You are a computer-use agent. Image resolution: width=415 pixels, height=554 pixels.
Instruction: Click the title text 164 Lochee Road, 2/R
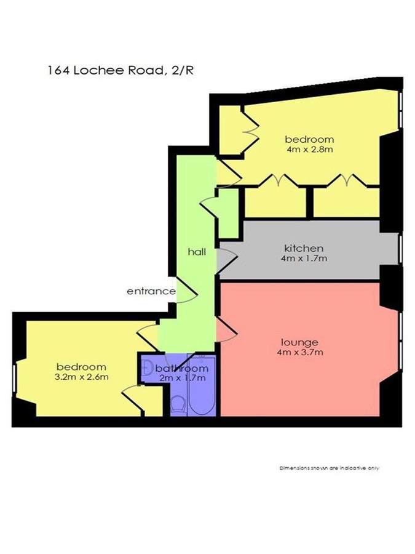tap(121, 71)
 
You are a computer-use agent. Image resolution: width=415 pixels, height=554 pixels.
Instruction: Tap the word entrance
tap(151, 291)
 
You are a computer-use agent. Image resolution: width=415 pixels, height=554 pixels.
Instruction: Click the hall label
tap(197, 252)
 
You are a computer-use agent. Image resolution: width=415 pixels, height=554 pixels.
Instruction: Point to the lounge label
tap(299, 342)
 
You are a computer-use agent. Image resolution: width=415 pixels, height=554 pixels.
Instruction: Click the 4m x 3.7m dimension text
tap(300, 352)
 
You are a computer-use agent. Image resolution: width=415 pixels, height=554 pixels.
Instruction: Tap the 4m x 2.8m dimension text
tap(310, 149)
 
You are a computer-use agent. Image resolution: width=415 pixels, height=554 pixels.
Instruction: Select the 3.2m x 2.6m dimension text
tap(82, 377)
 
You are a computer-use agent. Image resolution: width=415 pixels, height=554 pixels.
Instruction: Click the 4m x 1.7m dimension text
tap(304, 259)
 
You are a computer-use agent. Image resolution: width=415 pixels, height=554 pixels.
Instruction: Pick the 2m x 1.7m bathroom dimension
tap(183, 378)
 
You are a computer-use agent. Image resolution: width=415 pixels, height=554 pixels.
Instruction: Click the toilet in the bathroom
tap(178, 405)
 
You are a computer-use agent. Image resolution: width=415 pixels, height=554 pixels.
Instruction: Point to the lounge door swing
tap(226, 329)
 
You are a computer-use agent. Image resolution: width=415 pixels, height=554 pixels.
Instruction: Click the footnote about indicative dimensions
tap(329, 468)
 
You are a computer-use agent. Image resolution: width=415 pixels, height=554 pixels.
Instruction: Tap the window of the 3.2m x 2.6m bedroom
tap(15, 379)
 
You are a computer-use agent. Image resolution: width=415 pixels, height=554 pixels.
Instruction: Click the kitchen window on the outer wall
tap(400, 249)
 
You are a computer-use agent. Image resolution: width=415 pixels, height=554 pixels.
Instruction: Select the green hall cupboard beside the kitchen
tap(228, 214)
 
